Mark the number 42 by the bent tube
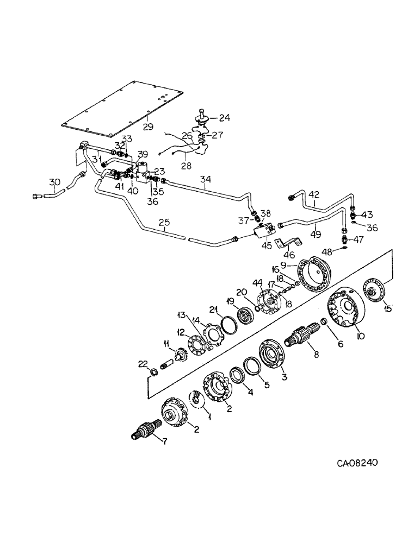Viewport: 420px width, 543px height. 314,194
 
